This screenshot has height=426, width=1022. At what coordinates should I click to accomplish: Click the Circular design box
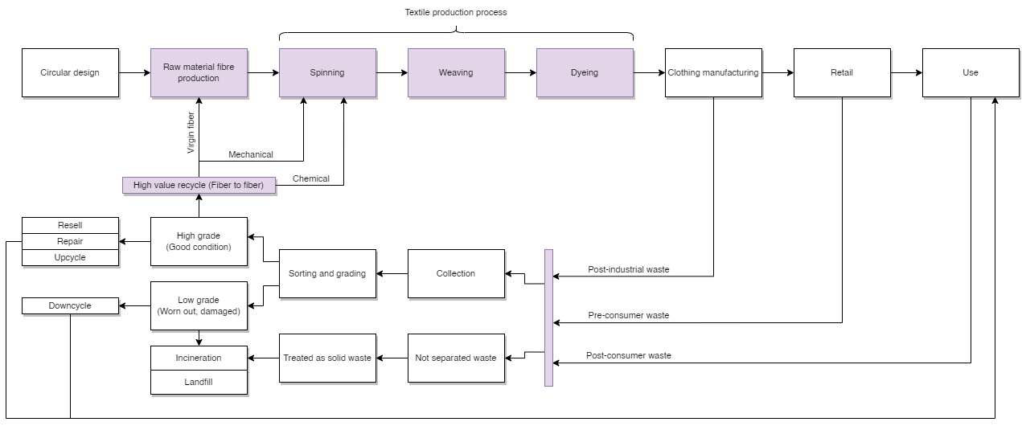point(70,72)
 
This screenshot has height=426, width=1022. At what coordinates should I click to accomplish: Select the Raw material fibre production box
point(199,72)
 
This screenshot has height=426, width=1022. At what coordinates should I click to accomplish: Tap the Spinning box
point(327,72)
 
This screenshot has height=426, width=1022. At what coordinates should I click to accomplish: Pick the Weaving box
point(456,72)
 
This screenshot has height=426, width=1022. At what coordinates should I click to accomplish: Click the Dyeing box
point(585,72)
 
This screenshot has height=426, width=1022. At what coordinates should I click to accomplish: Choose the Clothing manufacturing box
point(713,72)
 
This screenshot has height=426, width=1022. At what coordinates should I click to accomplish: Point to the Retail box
point(842,72)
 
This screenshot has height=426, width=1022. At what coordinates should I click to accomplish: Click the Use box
point(971,72)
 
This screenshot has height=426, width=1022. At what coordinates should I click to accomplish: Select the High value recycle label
point(199,185)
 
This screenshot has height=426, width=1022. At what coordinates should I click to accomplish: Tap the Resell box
point(70,225)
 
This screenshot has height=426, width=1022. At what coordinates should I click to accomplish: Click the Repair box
point(70,241)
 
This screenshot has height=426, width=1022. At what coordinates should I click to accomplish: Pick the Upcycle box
point(70,257)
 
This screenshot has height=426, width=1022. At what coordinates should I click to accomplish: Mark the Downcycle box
point(70,305)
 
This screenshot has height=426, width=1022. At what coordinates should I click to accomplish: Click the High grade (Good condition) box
point(199,241)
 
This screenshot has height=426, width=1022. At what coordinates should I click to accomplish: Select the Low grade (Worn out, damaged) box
point(199,305)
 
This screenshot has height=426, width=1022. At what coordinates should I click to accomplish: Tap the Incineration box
point(199,358)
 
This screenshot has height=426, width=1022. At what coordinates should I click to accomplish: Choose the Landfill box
point(199,382)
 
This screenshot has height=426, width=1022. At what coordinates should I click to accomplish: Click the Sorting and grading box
point(327,273)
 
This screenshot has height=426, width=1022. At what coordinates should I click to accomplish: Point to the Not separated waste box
point(456,358)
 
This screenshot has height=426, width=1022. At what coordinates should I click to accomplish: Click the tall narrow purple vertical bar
point(548,317)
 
